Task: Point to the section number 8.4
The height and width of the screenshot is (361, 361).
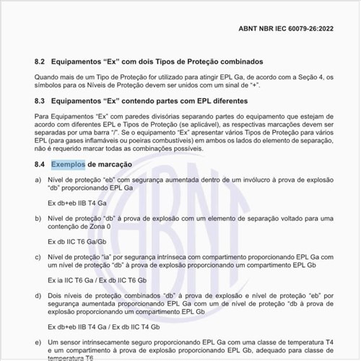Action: [41, 165]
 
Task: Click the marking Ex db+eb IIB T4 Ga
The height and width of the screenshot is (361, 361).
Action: [79, 203]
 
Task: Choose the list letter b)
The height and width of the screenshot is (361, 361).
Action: [38, 217]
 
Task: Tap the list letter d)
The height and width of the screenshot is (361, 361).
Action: [38, 295]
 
